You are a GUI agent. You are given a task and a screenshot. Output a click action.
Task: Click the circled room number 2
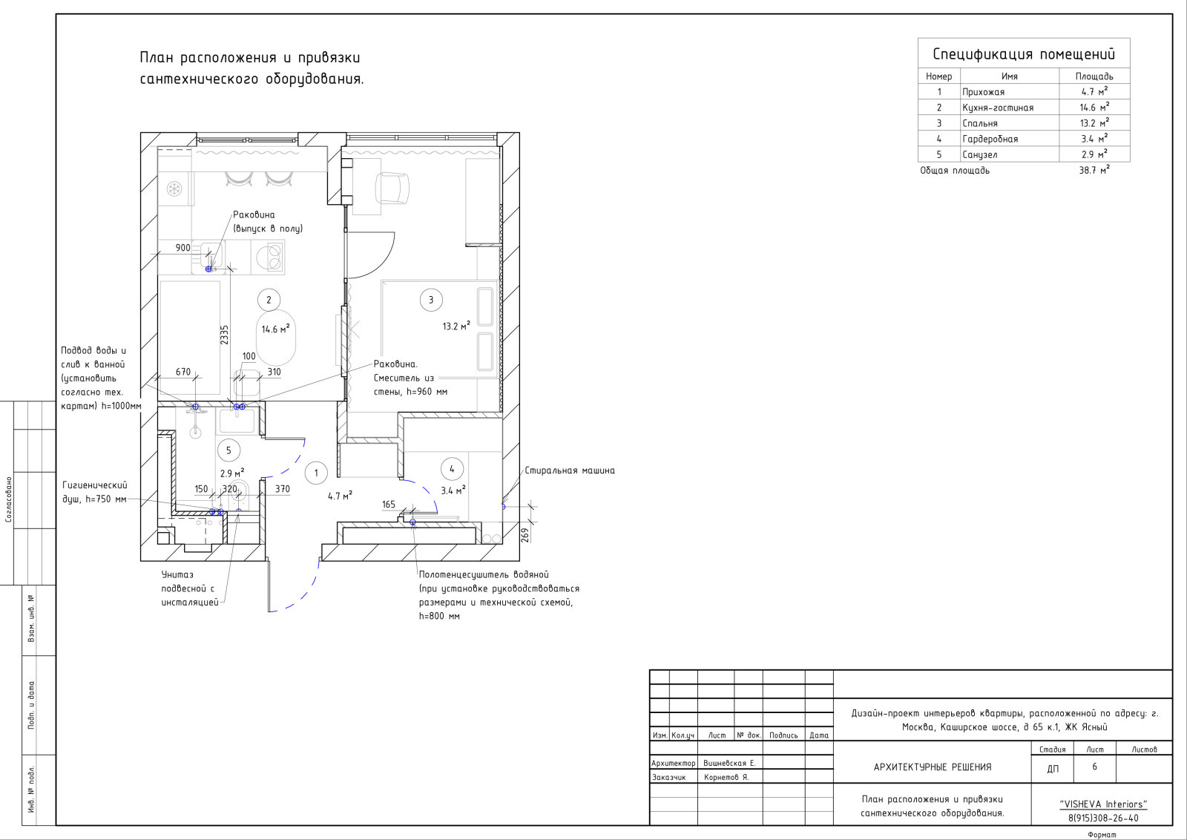(x=269, y=300)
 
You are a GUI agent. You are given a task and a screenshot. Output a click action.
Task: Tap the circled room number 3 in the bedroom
(x=431, y=300)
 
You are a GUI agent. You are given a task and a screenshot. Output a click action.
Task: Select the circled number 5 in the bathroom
(x=228, y=450)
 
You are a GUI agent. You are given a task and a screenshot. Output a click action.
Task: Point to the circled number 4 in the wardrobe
(x=452, y=469)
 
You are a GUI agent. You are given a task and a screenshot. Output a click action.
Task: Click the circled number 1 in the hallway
(x=316, y=473)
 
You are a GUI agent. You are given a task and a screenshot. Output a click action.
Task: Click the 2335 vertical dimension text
(x=224, y=335)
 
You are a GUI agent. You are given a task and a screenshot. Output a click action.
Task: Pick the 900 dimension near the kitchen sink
(x=183, y=248)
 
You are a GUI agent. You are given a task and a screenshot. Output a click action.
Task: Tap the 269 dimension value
(x=525, y=535)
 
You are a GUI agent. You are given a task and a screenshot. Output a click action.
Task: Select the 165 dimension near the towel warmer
(x=389, y=505)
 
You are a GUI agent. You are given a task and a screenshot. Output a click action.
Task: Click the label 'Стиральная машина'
(x=570, y=470)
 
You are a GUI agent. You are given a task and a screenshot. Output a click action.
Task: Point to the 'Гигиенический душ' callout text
(x=95, y=492)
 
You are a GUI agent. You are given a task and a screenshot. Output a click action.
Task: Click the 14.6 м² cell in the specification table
(x=1094, y=107)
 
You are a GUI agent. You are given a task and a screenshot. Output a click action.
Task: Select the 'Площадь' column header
(x=1094, y=76)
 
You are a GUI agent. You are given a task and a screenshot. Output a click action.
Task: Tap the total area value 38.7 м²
(x=1094, y=170)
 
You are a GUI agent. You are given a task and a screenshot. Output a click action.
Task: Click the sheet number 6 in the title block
(x=1094, y=767)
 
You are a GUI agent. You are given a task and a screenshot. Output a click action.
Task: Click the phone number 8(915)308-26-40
(x=1103, y=818)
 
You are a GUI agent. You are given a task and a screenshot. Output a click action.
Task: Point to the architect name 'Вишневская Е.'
(x=730, y=763)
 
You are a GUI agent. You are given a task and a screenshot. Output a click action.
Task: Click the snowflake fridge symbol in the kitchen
(x=174, y=188)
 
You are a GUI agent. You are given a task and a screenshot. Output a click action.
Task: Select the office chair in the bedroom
(x=392, y=188)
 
